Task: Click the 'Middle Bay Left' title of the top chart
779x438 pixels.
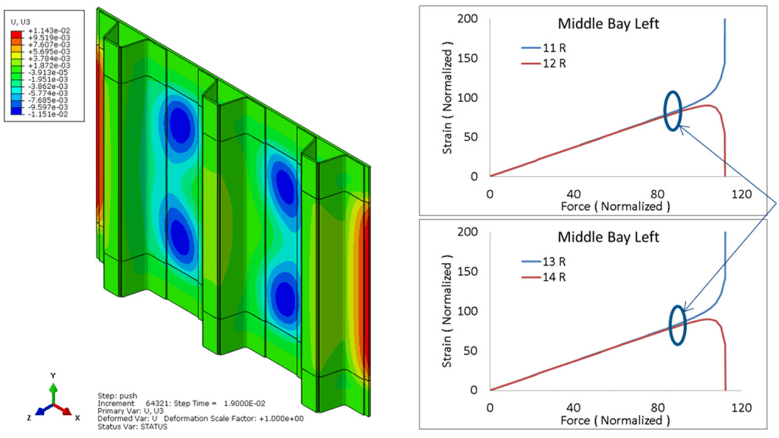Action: point(609,24)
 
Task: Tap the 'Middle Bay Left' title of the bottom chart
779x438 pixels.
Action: point(609,236)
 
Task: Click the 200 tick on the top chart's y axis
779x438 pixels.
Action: point(469,19)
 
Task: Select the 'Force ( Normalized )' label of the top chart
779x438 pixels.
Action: point(615,206)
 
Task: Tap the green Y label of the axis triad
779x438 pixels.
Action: point(54,375)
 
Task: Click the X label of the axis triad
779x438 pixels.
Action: point(77,418)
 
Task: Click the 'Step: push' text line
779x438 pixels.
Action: point(115,395)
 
